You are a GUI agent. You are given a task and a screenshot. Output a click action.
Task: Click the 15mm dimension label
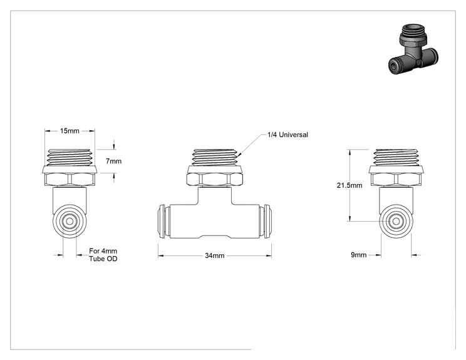70,131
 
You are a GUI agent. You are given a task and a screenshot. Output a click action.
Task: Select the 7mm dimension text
114,162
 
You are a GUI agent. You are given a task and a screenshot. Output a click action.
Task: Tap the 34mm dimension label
215,255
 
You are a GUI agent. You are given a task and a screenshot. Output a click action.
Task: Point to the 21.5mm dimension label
349,185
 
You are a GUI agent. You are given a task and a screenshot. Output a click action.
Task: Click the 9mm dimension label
359,255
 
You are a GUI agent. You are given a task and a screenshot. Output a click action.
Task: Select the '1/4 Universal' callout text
287,135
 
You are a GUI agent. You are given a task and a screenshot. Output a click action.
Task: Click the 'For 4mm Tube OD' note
103,255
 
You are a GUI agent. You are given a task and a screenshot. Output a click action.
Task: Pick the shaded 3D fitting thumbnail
413,49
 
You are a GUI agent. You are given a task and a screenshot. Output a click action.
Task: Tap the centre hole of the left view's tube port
70,221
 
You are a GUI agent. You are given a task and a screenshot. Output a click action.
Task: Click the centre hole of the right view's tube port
396,221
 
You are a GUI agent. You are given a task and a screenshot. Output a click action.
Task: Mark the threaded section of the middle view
215,157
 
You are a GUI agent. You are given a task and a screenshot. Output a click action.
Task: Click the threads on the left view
70,157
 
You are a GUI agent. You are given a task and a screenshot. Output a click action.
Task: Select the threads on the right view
396,157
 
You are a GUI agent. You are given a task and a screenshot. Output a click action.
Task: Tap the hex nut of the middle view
215,180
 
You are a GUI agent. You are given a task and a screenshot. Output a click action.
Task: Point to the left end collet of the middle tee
163,222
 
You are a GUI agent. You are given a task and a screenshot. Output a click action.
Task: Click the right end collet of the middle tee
266,222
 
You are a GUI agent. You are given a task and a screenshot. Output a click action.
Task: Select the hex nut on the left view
70,180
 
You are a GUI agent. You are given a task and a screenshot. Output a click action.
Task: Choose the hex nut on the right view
396,180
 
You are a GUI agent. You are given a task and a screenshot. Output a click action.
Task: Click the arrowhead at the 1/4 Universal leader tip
239,155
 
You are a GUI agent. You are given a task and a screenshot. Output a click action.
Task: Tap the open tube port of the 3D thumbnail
394,66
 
